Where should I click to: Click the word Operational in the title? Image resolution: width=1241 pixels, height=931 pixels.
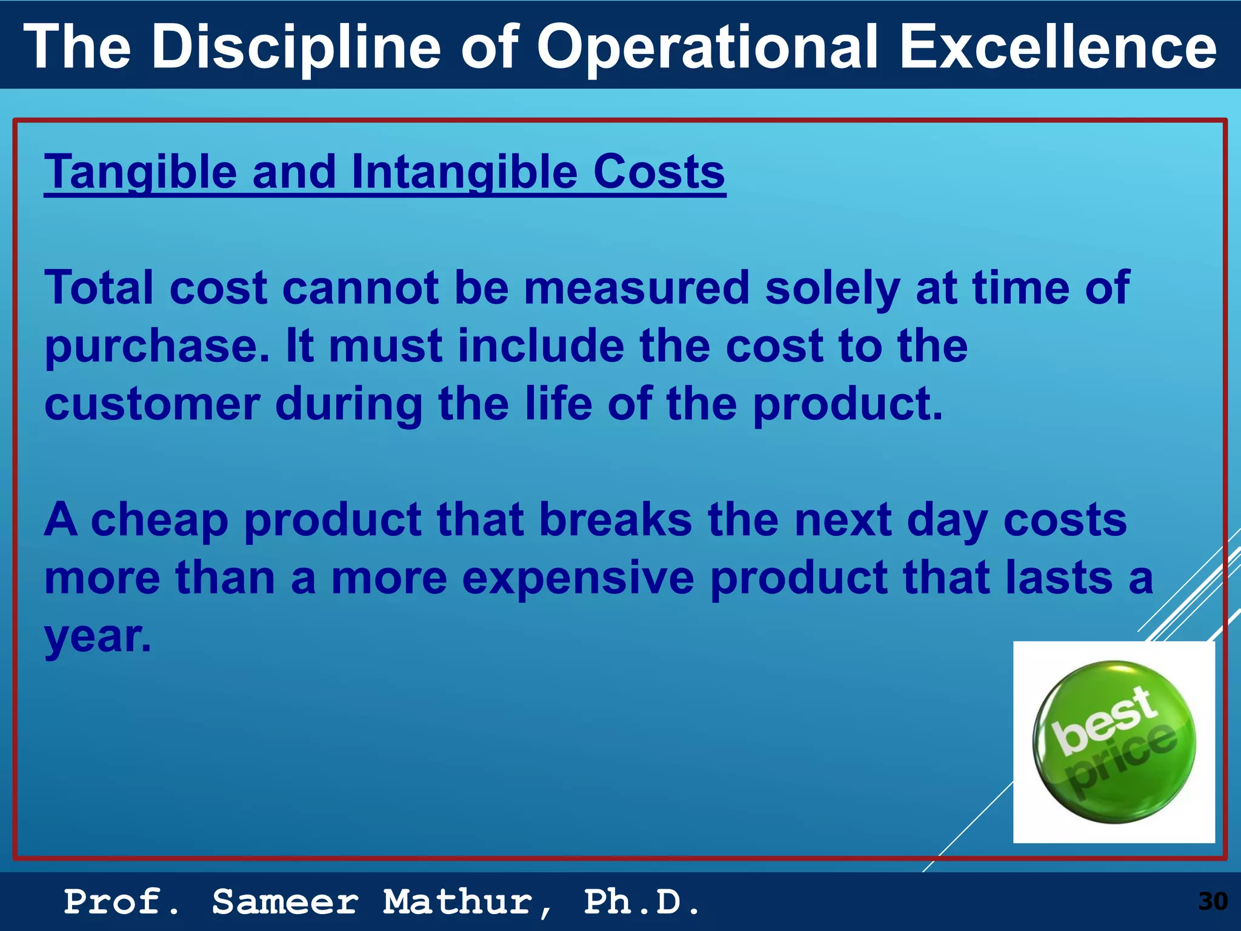[x=707, y=47]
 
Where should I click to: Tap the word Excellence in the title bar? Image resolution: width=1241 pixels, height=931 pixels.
[x=1057, y=47]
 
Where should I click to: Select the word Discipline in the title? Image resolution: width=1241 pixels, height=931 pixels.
[x=296, y=47]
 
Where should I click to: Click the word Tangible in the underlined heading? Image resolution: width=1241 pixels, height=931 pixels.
[x=141, y=172]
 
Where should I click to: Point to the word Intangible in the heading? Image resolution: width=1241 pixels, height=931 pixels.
[x=464, y=172]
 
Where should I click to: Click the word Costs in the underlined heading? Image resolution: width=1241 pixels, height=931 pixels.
[x=659, y=172]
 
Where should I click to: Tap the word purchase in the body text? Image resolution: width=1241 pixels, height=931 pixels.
[x=156, y=347]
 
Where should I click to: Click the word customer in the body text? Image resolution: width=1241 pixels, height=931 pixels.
[x=152, y=405]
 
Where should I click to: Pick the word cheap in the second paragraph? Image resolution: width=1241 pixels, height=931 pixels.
[x=159, y=520]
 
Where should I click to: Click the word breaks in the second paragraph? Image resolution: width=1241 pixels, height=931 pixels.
[x=615, y=520]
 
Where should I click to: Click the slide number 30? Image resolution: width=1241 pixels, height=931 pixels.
[x=1213, y=901]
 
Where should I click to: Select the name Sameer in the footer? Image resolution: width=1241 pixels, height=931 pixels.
[x=285, y=902]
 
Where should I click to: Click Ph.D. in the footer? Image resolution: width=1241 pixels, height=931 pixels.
[x=642, y=902]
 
